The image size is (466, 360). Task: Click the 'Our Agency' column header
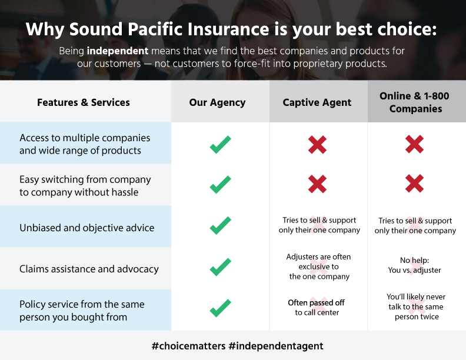pos(217,102)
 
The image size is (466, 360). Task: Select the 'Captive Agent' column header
pos(317,102)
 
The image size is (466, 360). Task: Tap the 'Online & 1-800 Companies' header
pos(415,102)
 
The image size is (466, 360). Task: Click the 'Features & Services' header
pos(84,102)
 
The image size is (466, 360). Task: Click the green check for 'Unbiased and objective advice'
pos(220,225)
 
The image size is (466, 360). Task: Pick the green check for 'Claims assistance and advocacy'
pos(220,266)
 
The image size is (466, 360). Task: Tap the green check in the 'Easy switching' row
pos(220,185)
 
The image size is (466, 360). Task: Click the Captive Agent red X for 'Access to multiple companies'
pos(317,145)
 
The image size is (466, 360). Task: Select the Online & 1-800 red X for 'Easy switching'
pos(415,184)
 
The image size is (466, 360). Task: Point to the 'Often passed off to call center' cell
pos(317,308)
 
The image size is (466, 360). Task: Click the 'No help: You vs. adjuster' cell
pos(415,265)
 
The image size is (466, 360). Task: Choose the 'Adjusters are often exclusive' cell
pos(318,266)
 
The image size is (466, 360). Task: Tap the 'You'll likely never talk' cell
pos(416,306)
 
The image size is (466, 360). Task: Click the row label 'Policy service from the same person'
pos(82,311)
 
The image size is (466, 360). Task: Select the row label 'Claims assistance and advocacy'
pos(89,269)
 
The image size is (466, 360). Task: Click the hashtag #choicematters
pos(189,346)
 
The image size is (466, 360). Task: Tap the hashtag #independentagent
pos(276,346)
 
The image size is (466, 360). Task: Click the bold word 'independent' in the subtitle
pos(118,51)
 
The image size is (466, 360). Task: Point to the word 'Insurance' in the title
pos(228,29)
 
